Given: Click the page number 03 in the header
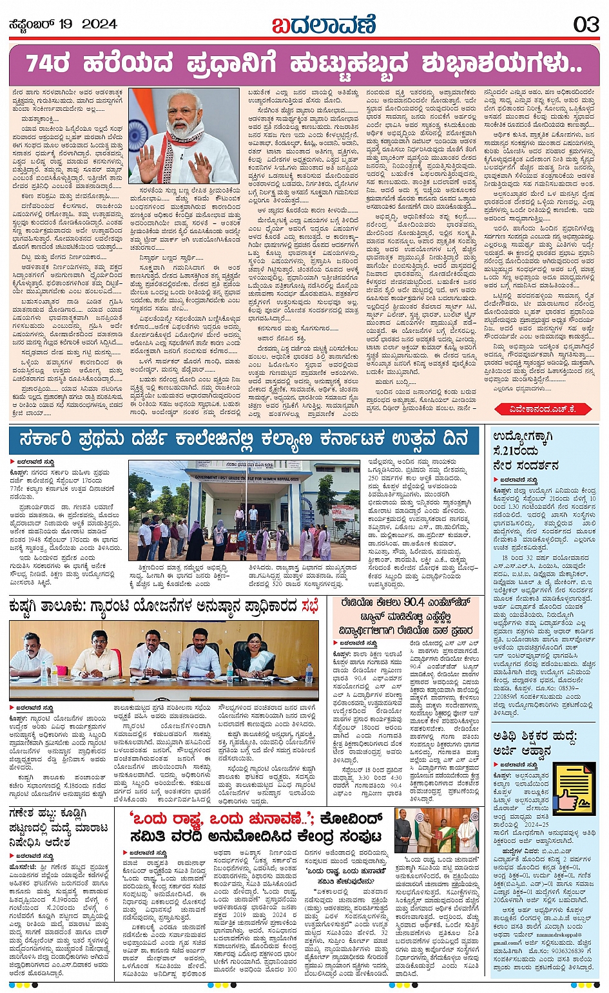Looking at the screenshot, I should pos(586,24).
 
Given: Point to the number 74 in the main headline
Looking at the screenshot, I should pos(40,65).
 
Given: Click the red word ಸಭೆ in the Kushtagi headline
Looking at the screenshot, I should pos(309,607).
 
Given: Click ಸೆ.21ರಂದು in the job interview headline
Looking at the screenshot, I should pos(516,451).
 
